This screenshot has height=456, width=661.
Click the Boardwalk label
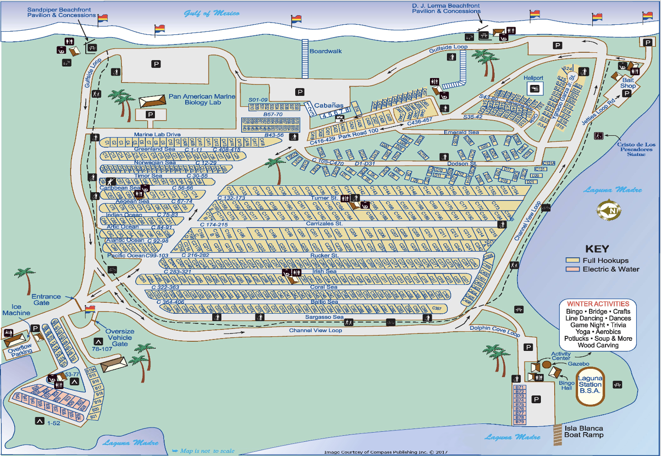click(x=325, y=51)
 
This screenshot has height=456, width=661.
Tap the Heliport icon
click(x=534, y=89)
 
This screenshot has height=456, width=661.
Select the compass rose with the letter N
click(x=609, y=211)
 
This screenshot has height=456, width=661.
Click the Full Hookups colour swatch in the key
click(x=573, y=260)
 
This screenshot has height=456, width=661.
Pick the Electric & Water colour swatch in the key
click(x=573, y=269)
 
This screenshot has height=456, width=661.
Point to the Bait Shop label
click(x=628, y=83)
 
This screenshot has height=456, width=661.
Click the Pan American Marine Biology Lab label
click(x=202, y=99)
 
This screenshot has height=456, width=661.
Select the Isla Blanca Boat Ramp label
click(x=584, y=432)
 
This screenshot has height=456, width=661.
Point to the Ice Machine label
click(x=16, y=310)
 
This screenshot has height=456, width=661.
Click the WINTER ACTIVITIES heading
click(x=598, y=304)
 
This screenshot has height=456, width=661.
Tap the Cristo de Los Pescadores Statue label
click(x=636, y=149)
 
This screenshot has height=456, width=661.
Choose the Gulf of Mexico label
click(x=211, y=13)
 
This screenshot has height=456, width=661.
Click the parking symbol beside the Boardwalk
click(x=300, y=92)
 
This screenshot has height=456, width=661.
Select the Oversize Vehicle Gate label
click(x=120, y=338)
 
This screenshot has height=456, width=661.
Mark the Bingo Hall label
click(x=567, y=385)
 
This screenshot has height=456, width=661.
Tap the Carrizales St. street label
click(x=324, y=223)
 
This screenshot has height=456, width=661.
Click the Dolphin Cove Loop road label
click(x=495, y=330)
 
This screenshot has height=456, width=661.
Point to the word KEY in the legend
click(x=597, y=249)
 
